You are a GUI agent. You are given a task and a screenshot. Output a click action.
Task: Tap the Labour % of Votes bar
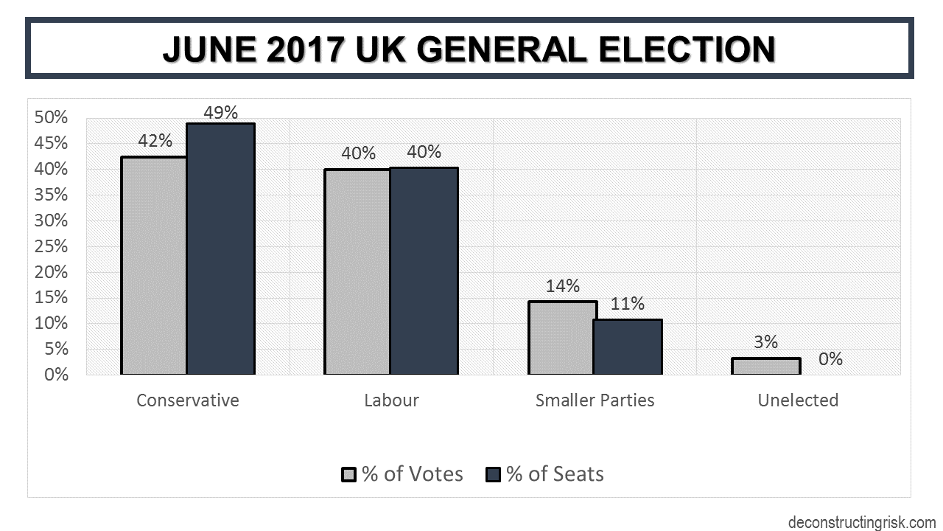tap(358, 272)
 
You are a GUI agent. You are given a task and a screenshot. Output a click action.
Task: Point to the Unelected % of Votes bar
tap(765, 366)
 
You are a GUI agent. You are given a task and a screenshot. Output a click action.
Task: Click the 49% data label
tap(221, 113)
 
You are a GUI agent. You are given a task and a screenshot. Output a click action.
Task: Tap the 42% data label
tap(155, 141)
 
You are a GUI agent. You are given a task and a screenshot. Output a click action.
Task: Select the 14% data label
tap(563, 286)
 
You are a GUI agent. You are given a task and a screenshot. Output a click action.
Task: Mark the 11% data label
tap(628, 304)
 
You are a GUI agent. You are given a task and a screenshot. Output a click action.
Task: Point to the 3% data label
tap(765, 342)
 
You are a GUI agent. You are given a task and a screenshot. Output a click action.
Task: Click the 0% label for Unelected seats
tap(830, 360)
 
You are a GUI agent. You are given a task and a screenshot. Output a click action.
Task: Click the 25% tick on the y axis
tap(52, 246)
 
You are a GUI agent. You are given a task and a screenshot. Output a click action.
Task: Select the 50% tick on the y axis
tap(52, 118)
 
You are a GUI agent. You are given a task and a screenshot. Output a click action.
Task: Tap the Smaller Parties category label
tap(595, 400)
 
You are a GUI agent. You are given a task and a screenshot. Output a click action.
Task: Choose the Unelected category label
tap(798, 400)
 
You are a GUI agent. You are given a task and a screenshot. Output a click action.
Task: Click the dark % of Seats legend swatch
tap(493, 474)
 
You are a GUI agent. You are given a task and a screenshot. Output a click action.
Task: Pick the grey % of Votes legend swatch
tap(348, 474)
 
